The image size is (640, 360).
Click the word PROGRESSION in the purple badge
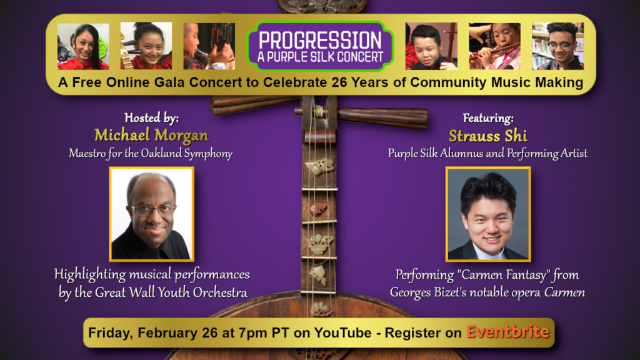click(x=320, y=40)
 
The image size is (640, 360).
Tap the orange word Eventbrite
click(x=507, y=331)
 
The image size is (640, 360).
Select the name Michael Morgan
click(x=151, y=135)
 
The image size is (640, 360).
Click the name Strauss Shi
click(x=487, y=136)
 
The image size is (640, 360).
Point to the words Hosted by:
click(x=151, y=118)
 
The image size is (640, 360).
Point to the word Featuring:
click(x=488, y=118)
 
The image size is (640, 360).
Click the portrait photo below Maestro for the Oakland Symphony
click(x=151, y=214)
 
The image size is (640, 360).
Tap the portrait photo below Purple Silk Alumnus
click(x=488, y=214)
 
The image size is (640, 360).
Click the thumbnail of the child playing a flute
click(x=494, y=46)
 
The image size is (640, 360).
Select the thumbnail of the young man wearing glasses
click(x=557, y=46)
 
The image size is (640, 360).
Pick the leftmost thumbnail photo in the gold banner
click(x=83, y=46)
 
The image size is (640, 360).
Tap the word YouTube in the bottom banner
click(x=342, y=332)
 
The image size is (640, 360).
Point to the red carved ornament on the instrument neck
click(x=319, y=209)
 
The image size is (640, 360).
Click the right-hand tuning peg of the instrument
click(x=382, y=117)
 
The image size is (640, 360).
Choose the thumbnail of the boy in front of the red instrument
click(x=431, y=46)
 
